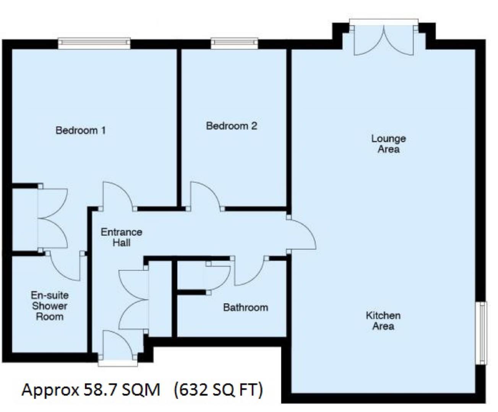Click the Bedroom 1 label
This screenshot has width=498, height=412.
coord(81,130)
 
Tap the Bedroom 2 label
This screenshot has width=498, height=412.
coord(232,126)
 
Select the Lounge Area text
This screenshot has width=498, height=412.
coord(389,144)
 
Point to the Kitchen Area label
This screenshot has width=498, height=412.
coord(383,321)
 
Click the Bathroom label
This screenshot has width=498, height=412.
coord(246,307)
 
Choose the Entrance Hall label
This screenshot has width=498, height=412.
coord(122,237)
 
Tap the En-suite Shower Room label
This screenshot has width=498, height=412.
coord(50,306)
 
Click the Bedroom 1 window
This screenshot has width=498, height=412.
coord(94,43)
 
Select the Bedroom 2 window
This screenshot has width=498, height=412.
coord(234,43)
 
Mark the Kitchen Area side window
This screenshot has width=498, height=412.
coord(481,333)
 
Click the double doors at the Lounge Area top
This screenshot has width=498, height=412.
coord(384,41)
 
